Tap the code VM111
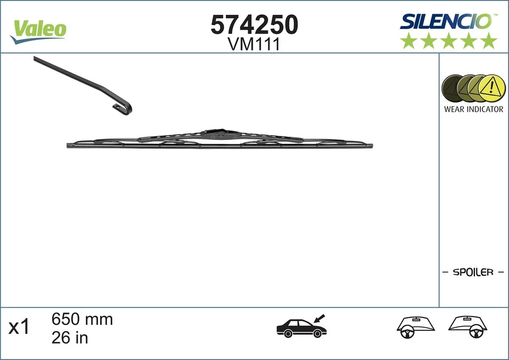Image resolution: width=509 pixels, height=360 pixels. tap(254, 45)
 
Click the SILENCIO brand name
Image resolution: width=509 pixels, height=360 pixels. tap(446, 21)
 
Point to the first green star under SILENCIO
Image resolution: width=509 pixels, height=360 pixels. tap(409, 41)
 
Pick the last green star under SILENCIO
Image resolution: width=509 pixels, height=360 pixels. tap(488, 41)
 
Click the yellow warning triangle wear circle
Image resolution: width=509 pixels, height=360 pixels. tap(492, 87)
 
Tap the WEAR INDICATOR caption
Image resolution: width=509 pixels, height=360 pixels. tap(473, 109)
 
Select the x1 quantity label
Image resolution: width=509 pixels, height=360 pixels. tap(19, 327)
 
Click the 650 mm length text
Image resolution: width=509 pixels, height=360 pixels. tap(82, 320)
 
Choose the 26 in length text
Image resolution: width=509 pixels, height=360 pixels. tap(69, 337)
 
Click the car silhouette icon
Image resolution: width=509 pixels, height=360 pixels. tap(301, 329)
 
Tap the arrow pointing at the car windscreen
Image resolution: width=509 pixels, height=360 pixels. tap(320, 318)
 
